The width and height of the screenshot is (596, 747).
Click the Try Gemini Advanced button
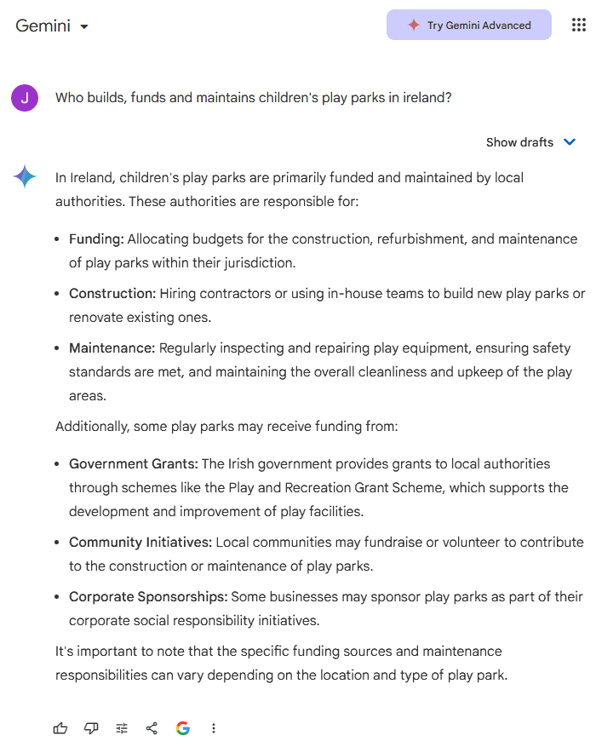click(469, 26)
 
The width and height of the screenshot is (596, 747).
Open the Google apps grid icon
click(579, 26)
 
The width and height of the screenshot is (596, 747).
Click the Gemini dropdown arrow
click(83, 27)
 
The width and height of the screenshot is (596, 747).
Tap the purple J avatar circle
click(25, 98)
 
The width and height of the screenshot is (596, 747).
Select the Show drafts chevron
click(570, 142)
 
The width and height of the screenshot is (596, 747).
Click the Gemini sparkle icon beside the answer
click(25, 177)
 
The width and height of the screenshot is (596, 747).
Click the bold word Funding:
click(96, 239)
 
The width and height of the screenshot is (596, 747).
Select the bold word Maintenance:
click(112, 348)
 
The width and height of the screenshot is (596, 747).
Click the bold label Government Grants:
click(134, 464)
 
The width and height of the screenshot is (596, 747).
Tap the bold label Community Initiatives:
click(140, 543)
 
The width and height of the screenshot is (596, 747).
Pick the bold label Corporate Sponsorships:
click(148, 597)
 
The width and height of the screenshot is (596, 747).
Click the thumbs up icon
click(60, 728)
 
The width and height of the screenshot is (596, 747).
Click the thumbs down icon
click(91, 728)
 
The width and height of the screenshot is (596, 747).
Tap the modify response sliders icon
click(122, 728)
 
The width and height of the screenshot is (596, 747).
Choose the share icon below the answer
click(152, 728)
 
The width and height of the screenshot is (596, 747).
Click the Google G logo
click(183, 728)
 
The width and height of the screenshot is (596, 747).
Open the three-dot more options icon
click(214, 728)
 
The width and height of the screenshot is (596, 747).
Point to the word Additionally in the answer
click(92, 427)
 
